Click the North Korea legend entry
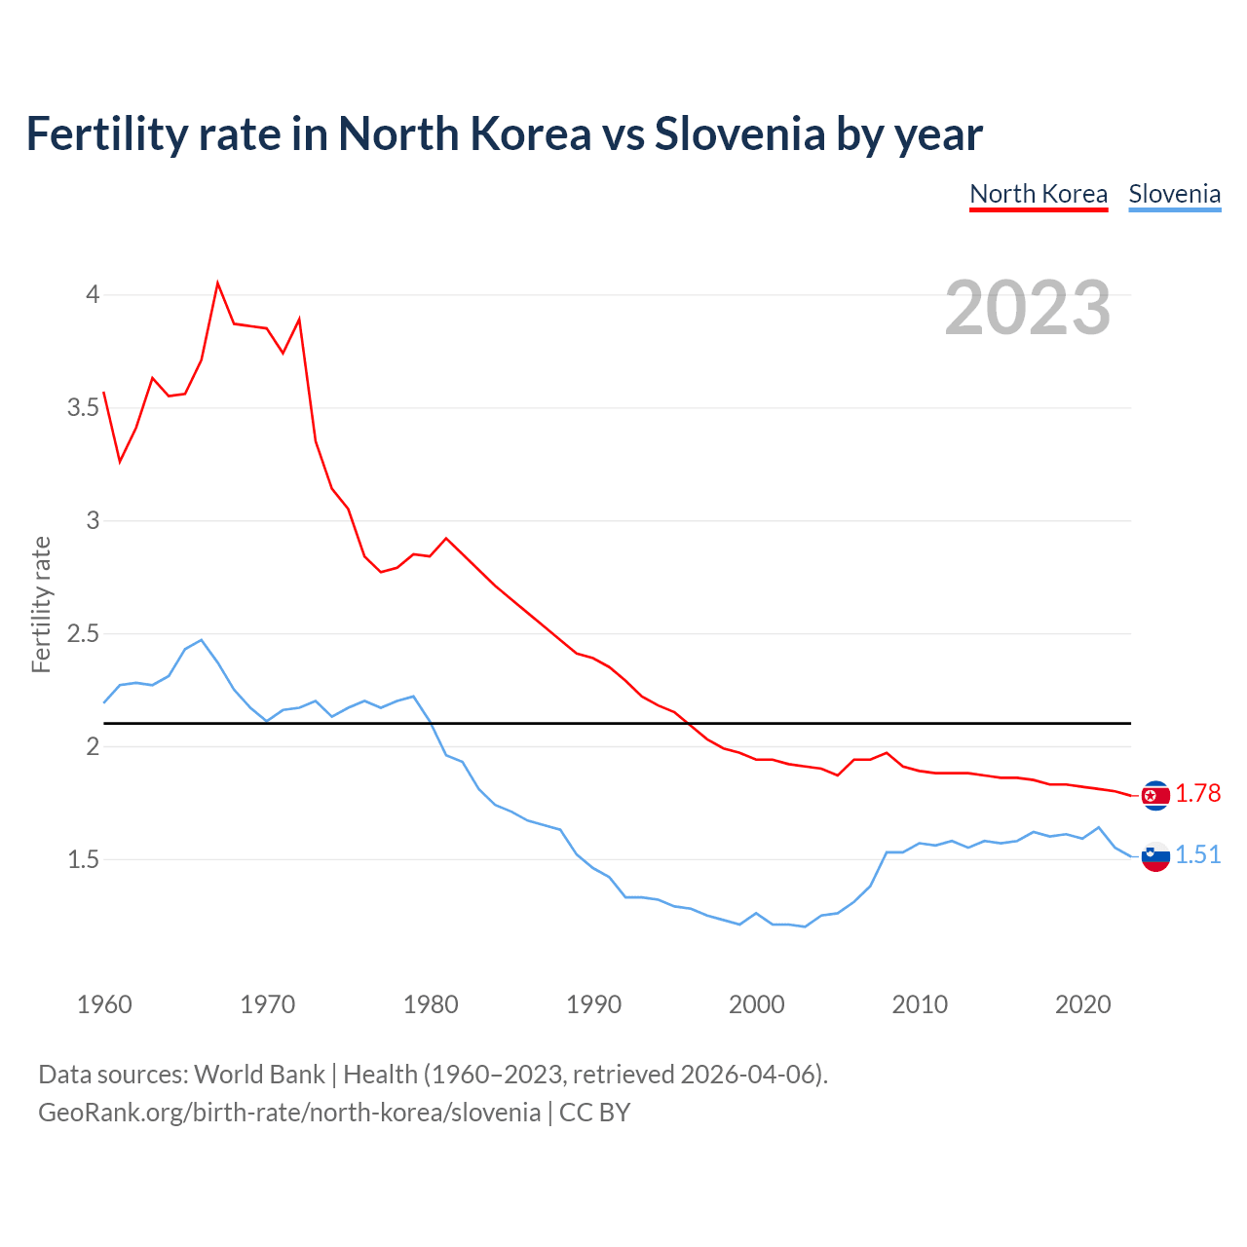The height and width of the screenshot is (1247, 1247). pos(1039,194)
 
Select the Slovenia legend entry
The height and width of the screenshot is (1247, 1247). pos(1174,194)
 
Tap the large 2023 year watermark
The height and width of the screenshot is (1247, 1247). pos(1027,308)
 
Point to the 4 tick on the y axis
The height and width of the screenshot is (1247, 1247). pos(93,294)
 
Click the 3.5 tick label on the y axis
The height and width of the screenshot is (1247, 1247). pos(84,407)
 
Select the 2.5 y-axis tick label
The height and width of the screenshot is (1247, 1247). pos(84,633)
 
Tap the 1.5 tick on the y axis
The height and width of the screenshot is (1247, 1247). pos(84,859)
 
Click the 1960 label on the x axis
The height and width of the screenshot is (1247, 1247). pos(104,1004)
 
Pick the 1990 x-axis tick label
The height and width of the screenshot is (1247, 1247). pos(593,1004)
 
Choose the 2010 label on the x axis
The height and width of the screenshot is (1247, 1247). pos(920,1004)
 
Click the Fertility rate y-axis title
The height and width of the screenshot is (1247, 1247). pos(41,604)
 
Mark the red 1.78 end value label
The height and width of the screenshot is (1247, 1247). pos(1197,794)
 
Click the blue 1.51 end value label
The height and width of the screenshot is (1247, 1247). pos(1197,854)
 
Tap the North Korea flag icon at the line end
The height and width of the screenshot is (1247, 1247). pos(1155,796)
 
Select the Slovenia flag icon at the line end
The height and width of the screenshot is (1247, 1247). pos(1155,856)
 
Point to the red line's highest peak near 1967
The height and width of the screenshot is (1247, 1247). pos(217,283)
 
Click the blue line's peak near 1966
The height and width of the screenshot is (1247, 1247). pos(201,640)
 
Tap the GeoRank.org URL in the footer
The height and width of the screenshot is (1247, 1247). pos(289,1112)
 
